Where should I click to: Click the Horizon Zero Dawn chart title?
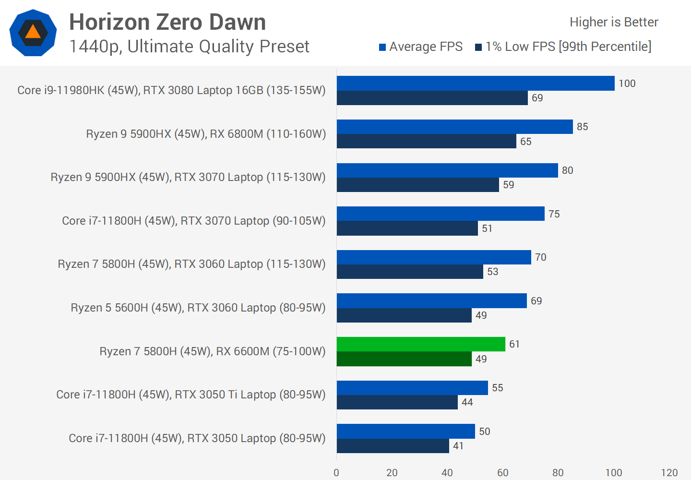[x=167, y=22]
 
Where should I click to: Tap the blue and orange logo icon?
[x=33, y=33]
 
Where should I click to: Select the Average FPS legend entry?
[x=421, y=47]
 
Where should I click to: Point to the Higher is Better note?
[x=614, y=22]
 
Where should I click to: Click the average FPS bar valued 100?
[x=475, y=83]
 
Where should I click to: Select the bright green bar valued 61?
[x=421, y=344]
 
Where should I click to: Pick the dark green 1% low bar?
[x=404, y=359]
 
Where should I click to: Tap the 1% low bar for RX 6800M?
[x=426, y=141]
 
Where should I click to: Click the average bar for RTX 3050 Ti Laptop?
[x=412, y=388]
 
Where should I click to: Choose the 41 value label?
[x=458, y=446]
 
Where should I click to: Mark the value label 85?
[x=582, y=127]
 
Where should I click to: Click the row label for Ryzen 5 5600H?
[x=198, y=308]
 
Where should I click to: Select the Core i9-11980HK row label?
[x=171, y=90]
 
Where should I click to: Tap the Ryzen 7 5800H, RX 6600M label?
[x=212, y=351]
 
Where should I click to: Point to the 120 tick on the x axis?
[x=669, y=473]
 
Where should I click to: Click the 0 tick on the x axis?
[x=336, y=473]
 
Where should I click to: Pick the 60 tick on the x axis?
[x=502, y=473]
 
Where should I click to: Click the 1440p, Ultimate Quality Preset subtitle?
[x=189, y=47]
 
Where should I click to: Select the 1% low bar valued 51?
[x=407, y=228]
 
